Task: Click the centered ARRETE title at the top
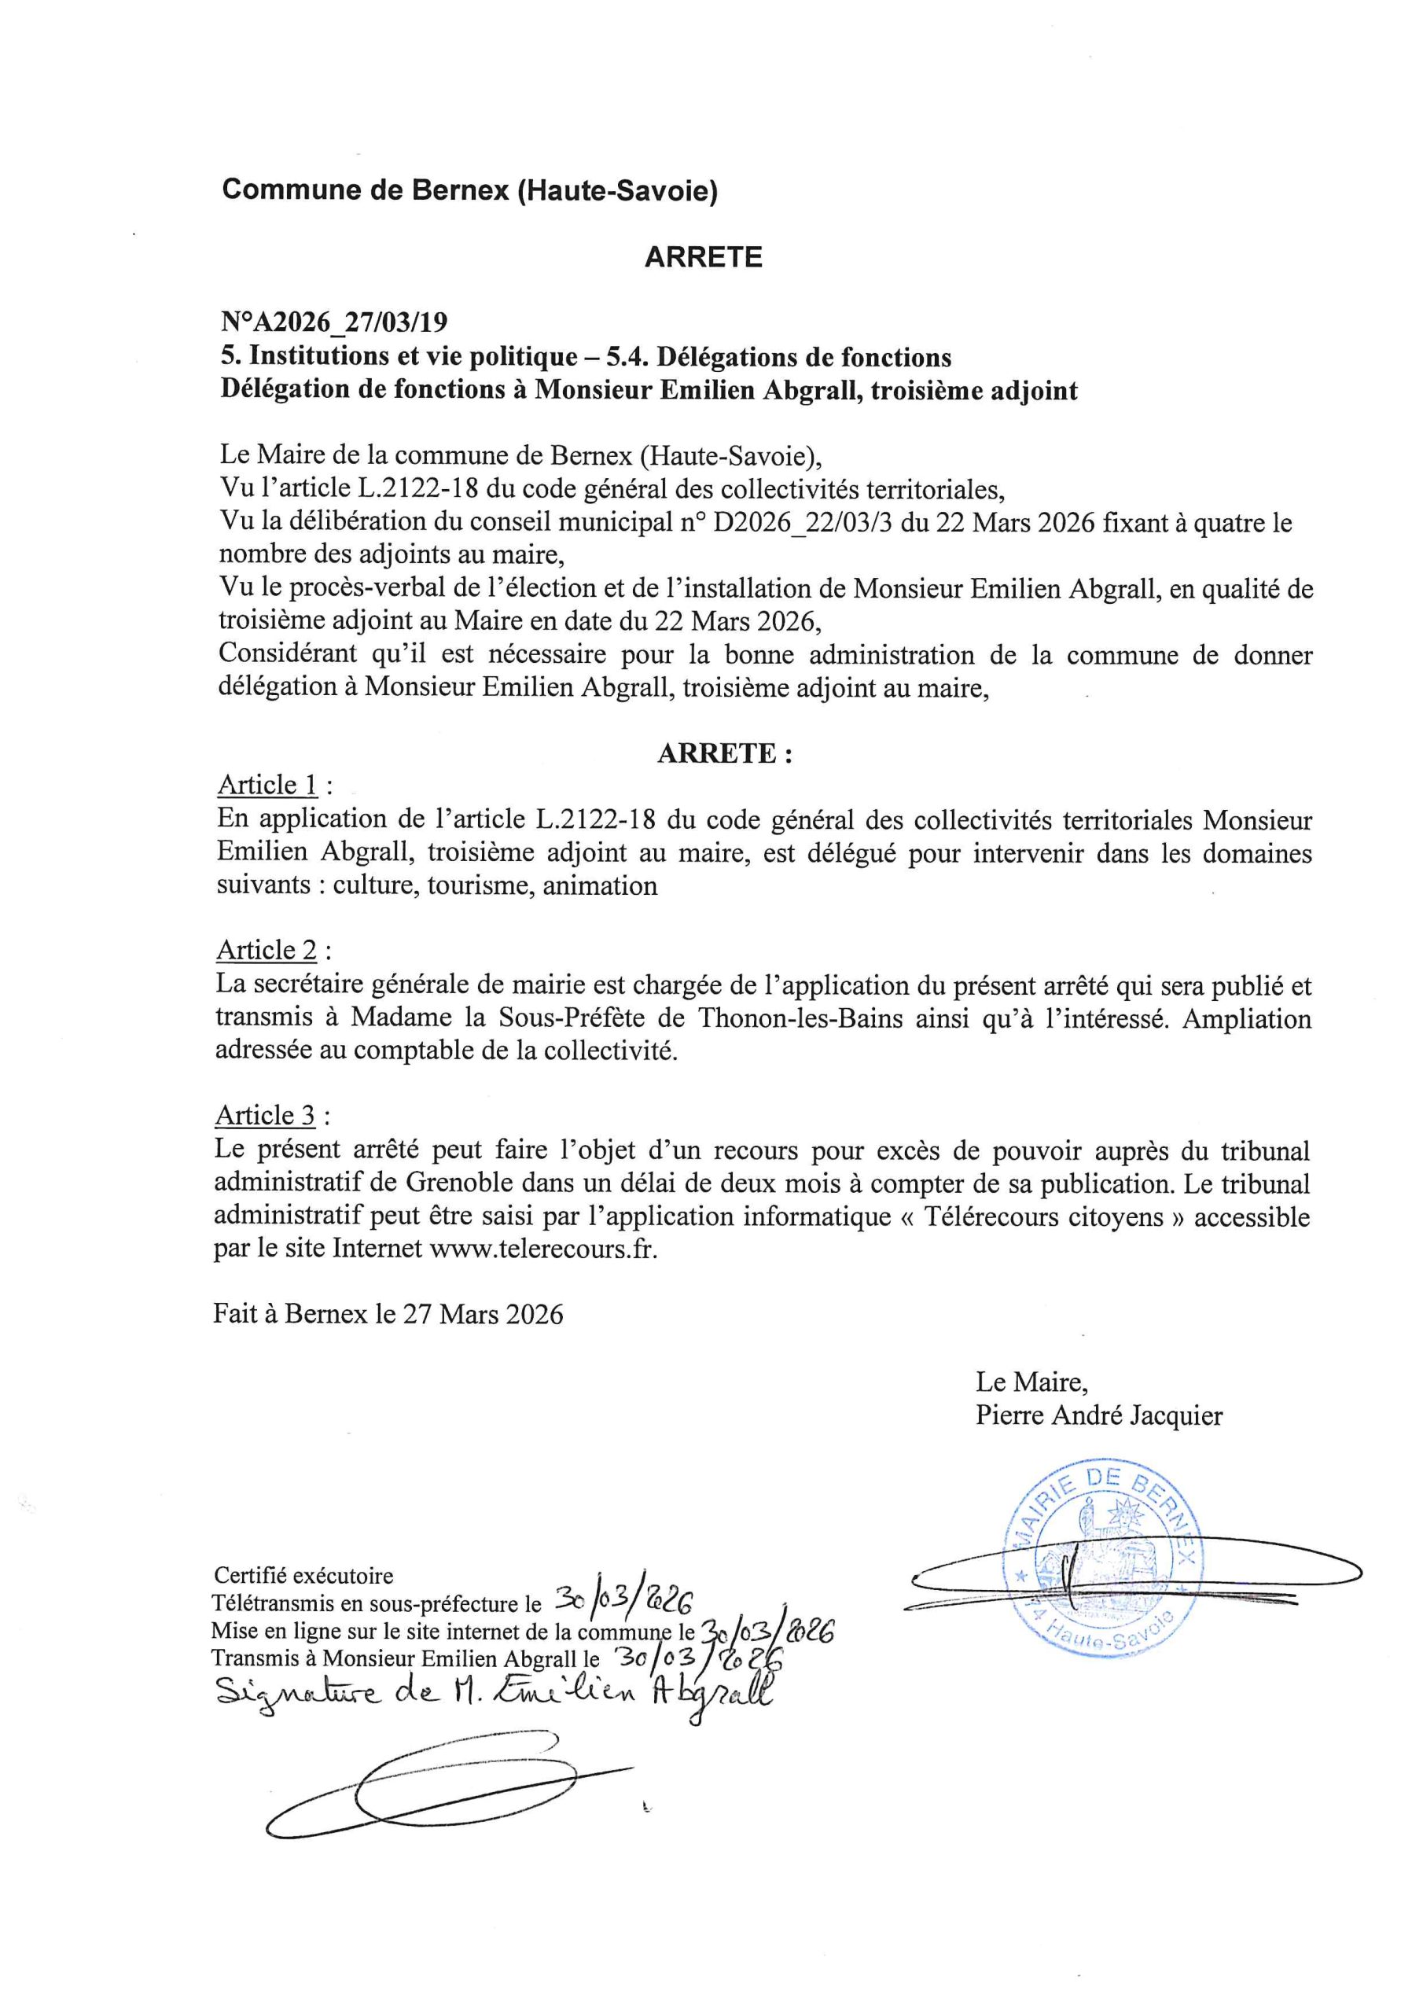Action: tap(703, 257)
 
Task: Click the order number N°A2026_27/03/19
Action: tap(333, 323)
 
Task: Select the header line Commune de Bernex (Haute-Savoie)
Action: tap(470, 190)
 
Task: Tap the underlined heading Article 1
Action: tap(267, 785)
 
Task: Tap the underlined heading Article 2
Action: tap(267, 951)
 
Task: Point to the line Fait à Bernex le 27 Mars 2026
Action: tap(388, 1313)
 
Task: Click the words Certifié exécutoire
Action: tap(303, 1577)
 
